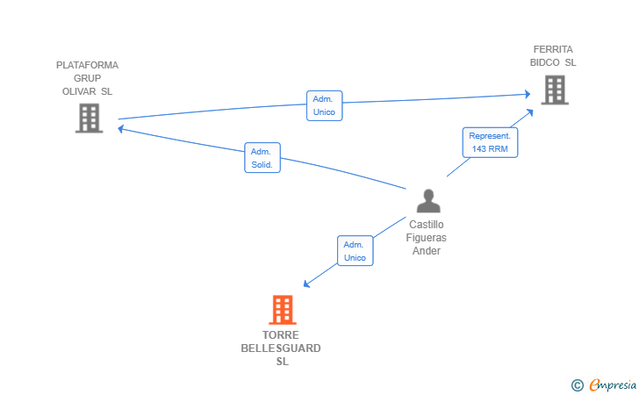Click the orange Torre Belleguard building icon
tap(283, 309)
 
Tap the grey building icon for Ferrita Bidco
tap(555, 90)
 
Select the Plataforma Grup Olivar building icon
tap(90, 118)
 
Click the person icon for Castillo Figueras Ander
tap(428, 201)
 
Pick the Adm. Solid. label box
tap(262, 158)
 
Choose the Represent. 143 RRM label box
tap(490, 142)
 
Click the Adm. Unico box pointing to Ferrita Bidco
tap(325, 105)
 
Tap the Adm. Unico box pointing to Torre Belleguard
tap(355, 251)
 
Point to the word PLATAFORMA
tap(87, 65)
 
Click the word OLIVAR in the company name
tap(79, 91)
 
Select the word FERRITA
tap(553, 49)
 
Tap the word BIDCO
tap(545, 62)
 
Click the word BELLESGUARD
tap(281, 348)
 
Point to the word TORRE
tap(281, 335)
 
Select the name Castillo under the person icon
tap(427, 225)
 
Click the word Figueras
tap(427, 238)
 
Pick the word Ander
tap(427, 251)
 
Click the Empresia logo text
tap(613, 385)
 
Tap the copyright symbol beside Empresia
tap(578, 385)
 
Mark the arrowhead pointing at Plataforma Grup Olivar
tap(120, 129)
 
